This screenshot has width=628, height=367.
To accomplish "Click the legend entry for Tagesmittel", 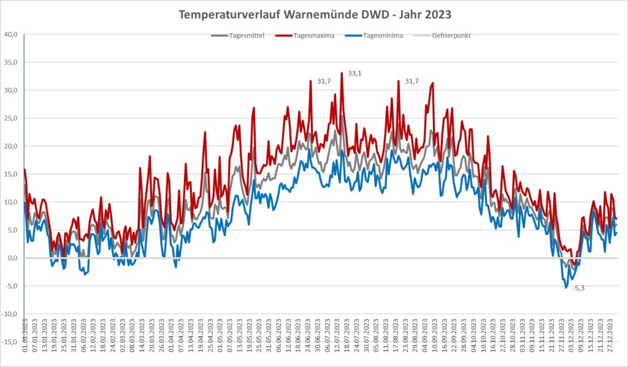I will click(x=245, y=36).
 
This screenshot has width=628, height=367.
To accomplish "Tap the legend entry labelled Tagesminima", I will click(x=381, y=36).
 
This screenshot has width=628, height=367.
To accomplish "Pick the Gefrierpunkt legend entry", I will click(x=451, y=36).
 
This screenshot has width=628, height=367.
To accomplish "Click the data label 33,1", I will click(x=355, y=74).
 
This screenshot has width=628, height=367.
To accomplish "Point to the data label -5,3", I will click(x=578, y=288).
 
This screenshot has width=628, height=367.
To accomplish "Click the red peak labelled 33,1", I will click(x=342, y=73).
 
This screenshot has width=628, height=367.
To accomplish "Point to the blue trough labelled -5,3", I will click(x=565, y=287).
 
